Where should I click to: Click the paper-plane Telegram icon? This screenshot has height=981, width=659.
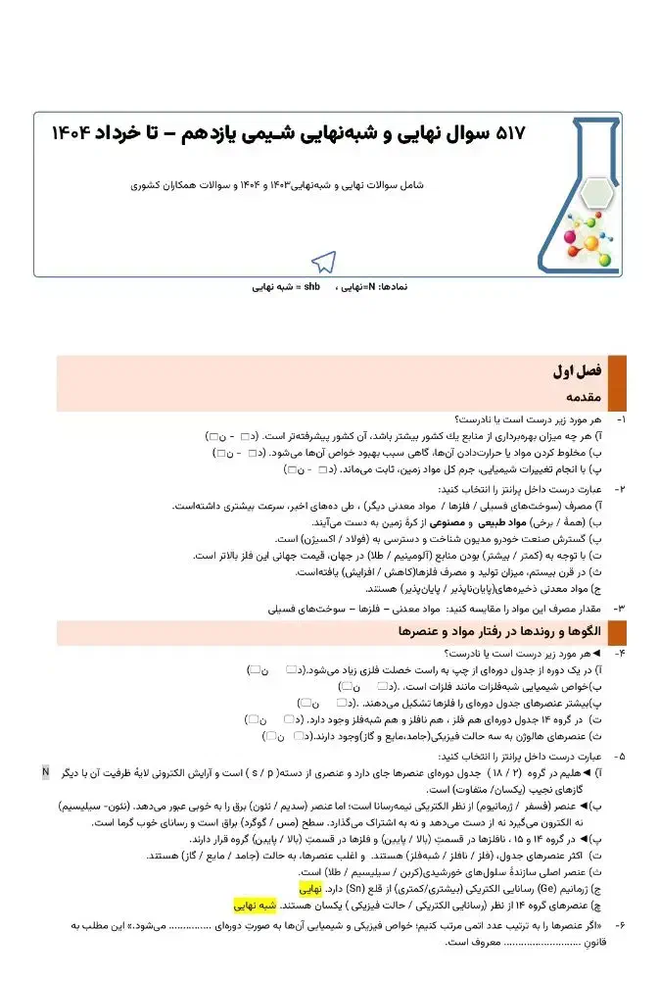click(x=323, y=260)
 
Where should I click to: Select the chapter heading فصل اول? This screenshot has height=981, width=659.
click(x=577, y=372)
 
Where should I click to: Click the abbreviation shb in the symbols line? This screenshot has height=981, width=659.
click(x=311, y=288)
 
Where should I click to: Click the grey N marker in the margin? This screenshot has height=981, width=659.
click(x=45, y=772)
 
